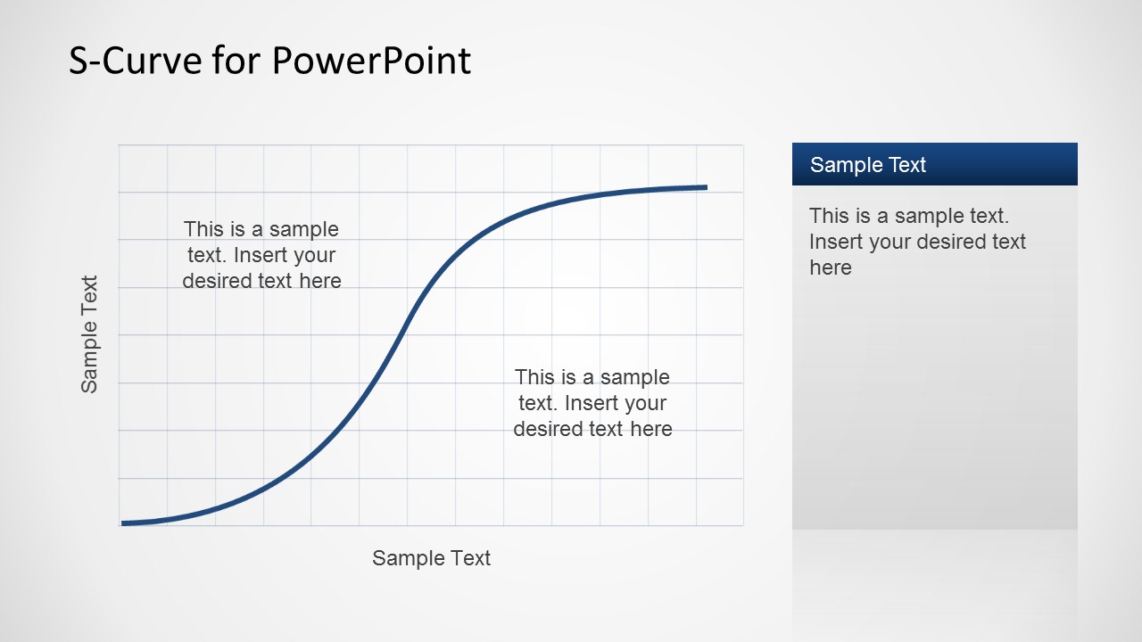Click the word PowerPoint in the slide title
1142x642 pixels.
coord(370,61)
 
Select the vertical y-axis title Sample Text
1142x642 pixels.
coord(89,334)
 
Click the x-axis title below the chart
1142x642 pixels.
coord(431,558)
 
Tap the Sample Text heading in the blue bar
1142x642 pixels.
coord(868,165)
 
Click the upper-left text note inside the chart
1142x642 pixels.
coord(261,255)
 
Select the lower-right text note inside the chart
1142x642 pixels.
coord(592,403)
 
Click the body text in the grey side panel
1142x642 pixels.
coord(917,242)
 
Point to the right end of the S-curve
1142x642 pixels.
coord(706,187)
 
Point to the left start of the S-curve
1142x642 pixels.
coord(123,523)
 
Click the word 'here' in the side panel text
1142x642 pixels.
coord(831,268)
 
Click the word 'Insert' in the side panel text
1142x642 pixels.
coord(836,243)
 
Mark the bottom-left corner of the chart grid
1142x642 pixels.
coord(119,526)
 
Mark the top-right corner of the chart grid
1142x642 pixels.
coord(743,144)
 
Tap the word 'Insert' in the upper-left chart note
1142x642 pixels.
coord(261,256)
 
